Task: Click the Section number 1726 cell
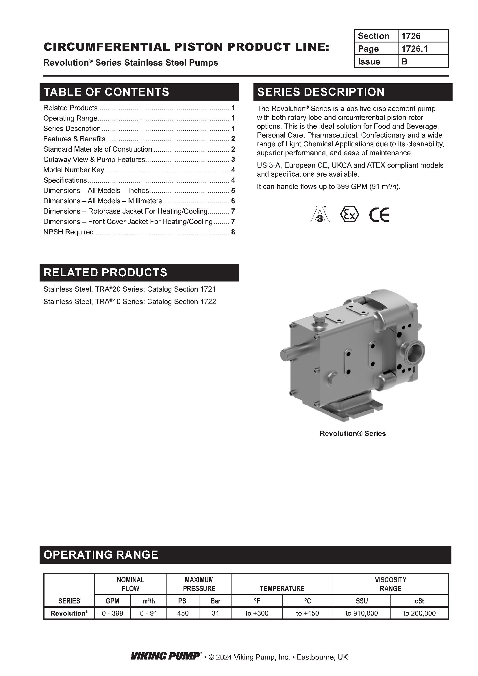tap(423, 36)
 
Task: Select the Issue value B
tap(423, 62)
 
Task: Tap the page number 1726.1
tap(423, 49)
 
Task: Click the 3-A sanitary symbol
tap(320, 214)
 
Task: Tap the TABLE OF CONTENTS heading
tap(106, 92)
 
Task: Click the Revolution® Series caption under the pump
tap(353, 434)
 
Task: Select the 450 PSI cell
tap(183, 613)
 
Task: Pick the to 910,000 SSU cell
tap(362, 613)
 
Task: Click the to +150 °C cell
tap(307, 613)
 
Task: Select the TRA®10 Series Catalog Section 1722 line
tap(129, 302)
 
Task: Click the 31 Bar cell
tap(215, 613)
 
